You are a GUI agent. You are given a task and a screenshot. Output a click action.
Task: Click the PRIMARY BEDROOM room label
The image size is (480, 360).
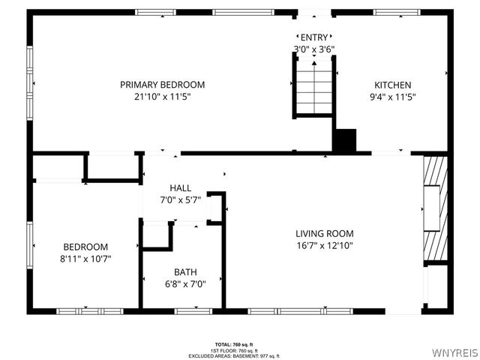pyautogui.click(x=162, y=85)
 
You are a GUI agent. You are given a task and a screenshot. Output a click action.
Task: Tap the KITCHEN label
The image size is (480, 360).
pyautogui.click(x=392, y=85)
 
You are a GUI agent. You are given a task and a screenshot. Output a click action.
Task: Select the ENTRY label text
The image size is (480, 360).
pyautogui.click(x=313, y=37)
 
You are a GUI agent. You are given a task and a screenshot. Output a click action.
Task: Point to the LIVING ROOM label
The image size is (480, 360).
pyautogui.click(x=324, y=233)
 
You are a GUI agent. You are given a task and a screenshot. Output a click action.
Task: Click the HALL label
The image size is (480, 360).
pyautogui.click(x=180, y=187)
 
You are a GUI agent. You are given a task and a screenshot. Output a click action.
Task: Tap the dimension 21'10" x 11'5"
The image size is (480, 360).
pyautogui.click(x=162, y=97)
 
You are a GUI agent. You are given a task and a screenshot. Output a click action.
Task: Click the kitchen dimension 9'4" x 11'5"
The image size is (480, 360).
pyautogui.click(x=392, y=97)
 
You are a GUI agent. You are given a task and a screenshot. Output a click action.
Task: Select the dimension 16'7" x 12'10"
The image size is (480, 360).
pyautogui.click(x=324, y=245)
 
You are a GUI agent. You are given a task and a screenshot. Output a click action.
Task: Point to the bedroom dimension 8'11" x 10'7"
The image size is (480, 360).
pyautogui.click(x=85, y=259)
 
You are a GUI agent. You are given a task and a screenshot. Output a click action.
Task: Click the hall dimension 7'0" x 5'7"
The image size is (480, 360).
pyautogui.click(x=180, y=199)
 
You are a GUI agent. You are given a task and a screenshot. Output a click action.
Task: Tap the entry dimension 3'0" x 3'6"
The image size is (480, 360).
pyautogui.click(x=313, y=49)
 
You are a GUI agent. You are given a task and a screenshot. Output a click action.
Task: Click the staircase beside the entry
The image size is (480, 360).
pyautogui.click(x=313, y=88)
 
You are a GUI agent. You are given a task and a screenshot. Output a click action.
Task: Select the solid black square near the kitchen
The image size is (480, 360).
pyautogui.click(x=344, y=141)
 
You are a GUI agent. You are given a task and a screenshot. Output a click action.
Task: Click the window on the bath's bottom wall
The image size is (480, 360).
pyautogui.click(x=186, y=310)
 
